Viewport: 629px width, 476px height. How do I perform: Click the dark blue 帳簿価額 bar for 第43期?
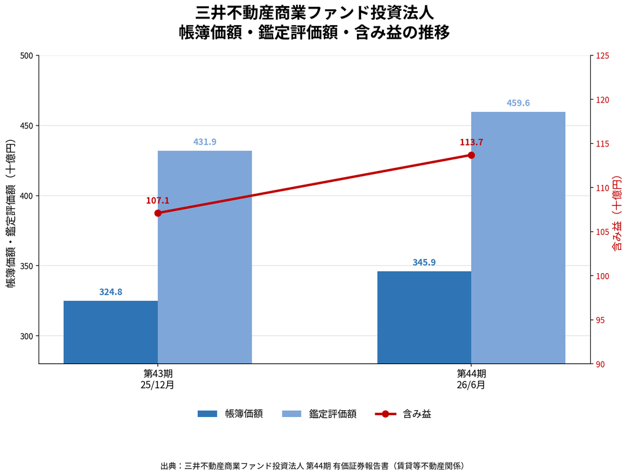[111, 332]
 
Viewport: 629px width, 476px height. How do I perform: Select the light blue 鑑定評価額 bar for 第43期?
[205, 257]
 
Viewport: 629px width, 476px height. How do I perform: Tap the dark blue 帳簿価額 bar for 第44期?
[424, 317]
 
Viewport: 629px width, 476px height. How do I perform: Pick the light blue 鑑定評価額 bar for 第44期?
[518, 238]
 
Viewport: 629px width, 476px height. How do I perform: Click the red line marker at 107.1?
[158, 213]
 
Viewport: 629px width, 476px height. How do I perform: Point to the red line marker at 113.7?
[471, 155]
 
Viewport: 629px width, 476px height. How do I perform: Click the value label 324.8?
[111, 292]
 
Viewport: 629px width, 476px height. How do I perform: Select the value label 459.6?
[518, 103]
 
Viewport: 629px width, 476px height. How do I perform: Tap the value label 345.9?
[424, 263]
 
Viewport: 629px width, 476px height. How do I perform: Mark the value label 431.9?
[205, 142]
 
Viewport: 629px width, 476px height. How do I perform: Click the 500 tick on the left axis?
[26, 56]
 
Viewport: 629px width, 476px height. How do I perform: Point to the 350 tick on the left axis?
[26, 266]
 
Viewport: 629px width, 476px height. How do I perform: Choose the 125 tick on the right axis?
[603, 56]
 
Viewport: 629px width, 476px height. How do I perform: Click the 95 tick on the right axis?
[600, 320]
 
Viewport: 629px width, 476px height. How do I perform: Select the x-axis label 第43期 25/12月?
[158, 379]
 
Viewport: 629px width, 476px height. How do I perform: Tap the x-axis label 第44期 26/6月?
[471, 379]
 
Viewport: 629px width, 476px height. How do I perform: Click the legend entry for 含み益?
[403, 414]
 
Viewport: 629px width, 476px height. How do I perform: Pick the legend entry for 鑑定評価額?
[319, 414]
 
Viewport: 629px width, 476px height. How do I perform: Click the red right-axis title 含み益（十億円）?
[617, 213]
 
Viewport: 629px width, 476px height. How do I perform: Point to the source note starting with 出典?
[313, 466]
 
